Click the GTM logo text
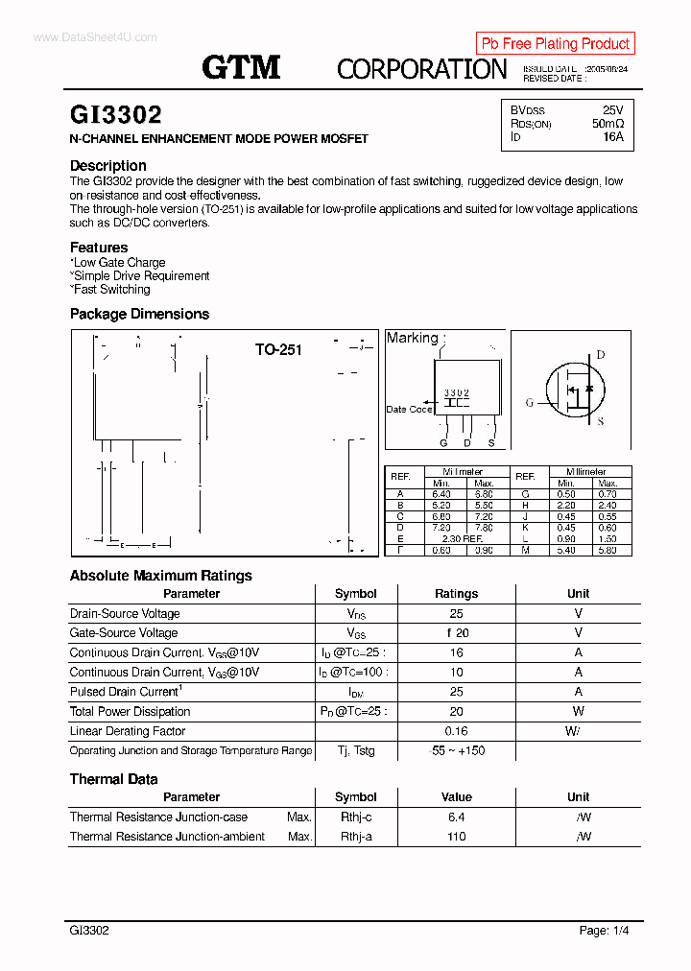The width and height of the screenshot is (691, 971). [241, 66]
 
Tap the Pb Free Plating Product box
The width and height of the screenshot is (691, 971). [555, 43]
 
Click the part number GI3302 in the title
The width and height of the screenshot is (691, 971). [115, 115]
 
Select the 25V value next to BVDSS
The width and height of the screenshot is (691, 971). [612, 110]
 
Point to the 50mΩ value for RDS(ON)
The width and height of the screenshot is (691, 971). [608, 124]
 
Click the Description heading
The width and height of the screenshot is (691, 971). [107, 165]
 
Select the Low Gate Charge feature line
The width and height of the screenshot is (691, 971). [118, 262]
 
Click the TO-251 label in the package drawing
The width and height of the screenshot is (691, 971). [278, 349]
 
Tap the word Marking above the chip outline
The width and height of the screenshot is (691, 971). [412, 338]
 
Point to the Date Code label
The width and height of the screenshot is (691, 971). [409, 409]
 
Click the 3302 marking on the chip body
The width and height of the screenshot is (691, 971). [457, 393]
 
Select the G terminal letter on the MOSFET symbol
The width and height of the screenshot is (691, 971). [530, 403]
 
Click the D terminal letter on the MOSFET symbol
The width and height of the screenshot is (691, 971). [601, 355]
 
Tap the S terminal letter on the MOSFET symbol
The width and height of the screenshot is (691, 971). [601, 421]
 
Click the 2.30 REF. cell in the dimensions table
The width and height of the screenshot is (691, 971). [462, 539]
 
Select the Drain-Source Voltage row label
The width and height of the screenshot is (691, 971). [125, 613]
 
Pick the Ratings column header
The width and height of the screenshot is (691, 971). [456, 593]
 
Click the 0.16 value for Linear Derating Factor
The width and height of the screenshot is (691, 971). [456, 731]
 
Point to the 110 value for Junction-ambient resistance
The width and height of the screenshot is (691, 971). [456, 837]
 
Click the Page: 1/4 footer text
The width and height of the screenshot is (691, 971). [604, 930]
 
